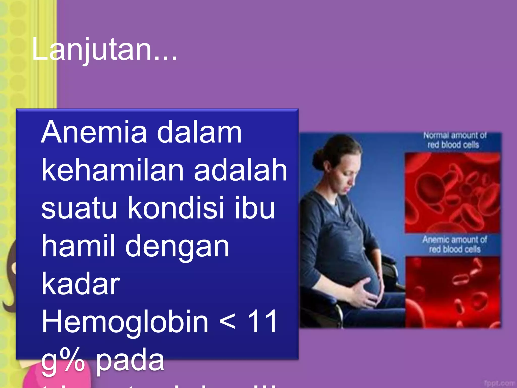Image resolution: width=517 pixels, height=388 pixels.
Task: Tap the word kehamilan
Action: [113, 170]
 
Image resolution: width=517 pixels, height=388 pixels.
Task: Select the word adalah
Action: [240, 170]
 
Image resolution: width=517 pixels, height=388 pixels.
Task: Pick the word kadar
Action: [81, 283]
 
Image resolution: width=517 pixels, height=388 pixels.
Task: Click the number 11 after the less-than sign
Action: [262, 322]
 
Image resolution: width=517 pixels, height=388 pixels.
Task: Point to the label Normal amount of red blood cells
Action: [454, 140]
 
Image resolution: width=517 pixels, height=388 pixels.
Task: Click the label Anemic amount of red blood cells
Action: [454, 244]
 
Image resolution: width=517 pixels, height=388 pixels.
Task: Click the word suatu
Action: [79, 208]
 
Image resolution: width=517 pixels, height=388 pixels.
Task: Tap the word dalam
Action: [199, 132]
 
